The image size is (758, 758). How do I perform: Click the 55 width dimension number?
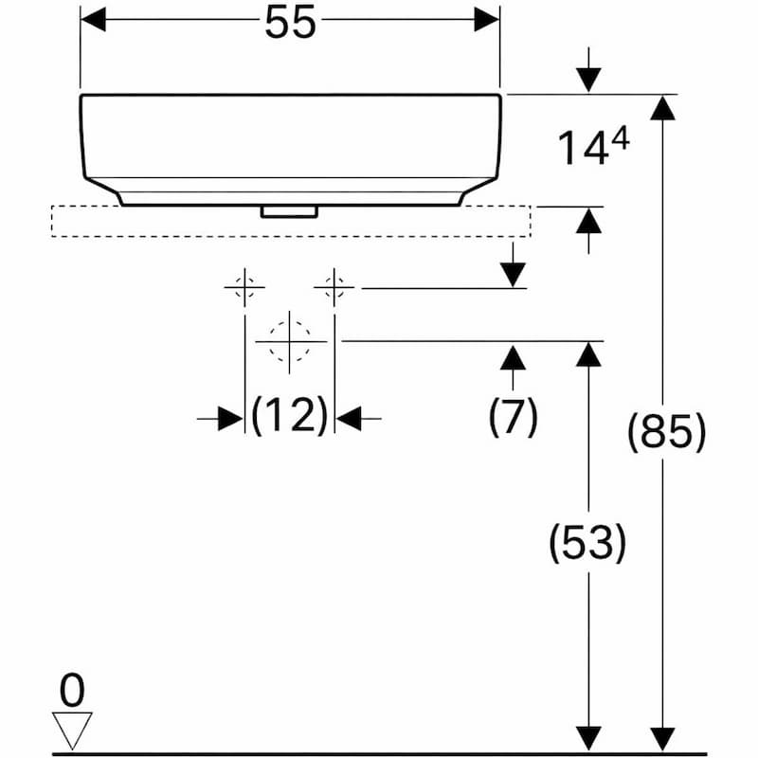(290, 23)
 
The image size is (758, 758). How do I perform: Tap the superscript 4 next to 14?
(620, 140)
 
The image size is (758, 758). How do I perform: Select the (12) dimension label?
(290, 415)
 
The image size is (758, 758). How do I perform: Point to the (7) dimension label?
(513, 417)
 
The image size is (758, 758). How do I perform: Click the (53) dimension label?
(587, 542)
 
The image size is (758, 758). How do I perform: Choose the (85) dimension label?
(667, 432)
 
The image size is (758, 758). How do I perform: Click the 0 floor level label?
(72, 692)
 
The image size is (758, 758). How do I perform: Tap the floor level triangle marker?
(72, 730)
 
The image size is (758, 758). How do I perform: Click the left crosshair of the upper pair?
(244, 287)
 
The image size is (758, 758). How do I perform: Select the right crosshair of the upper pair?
(334, 287)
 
